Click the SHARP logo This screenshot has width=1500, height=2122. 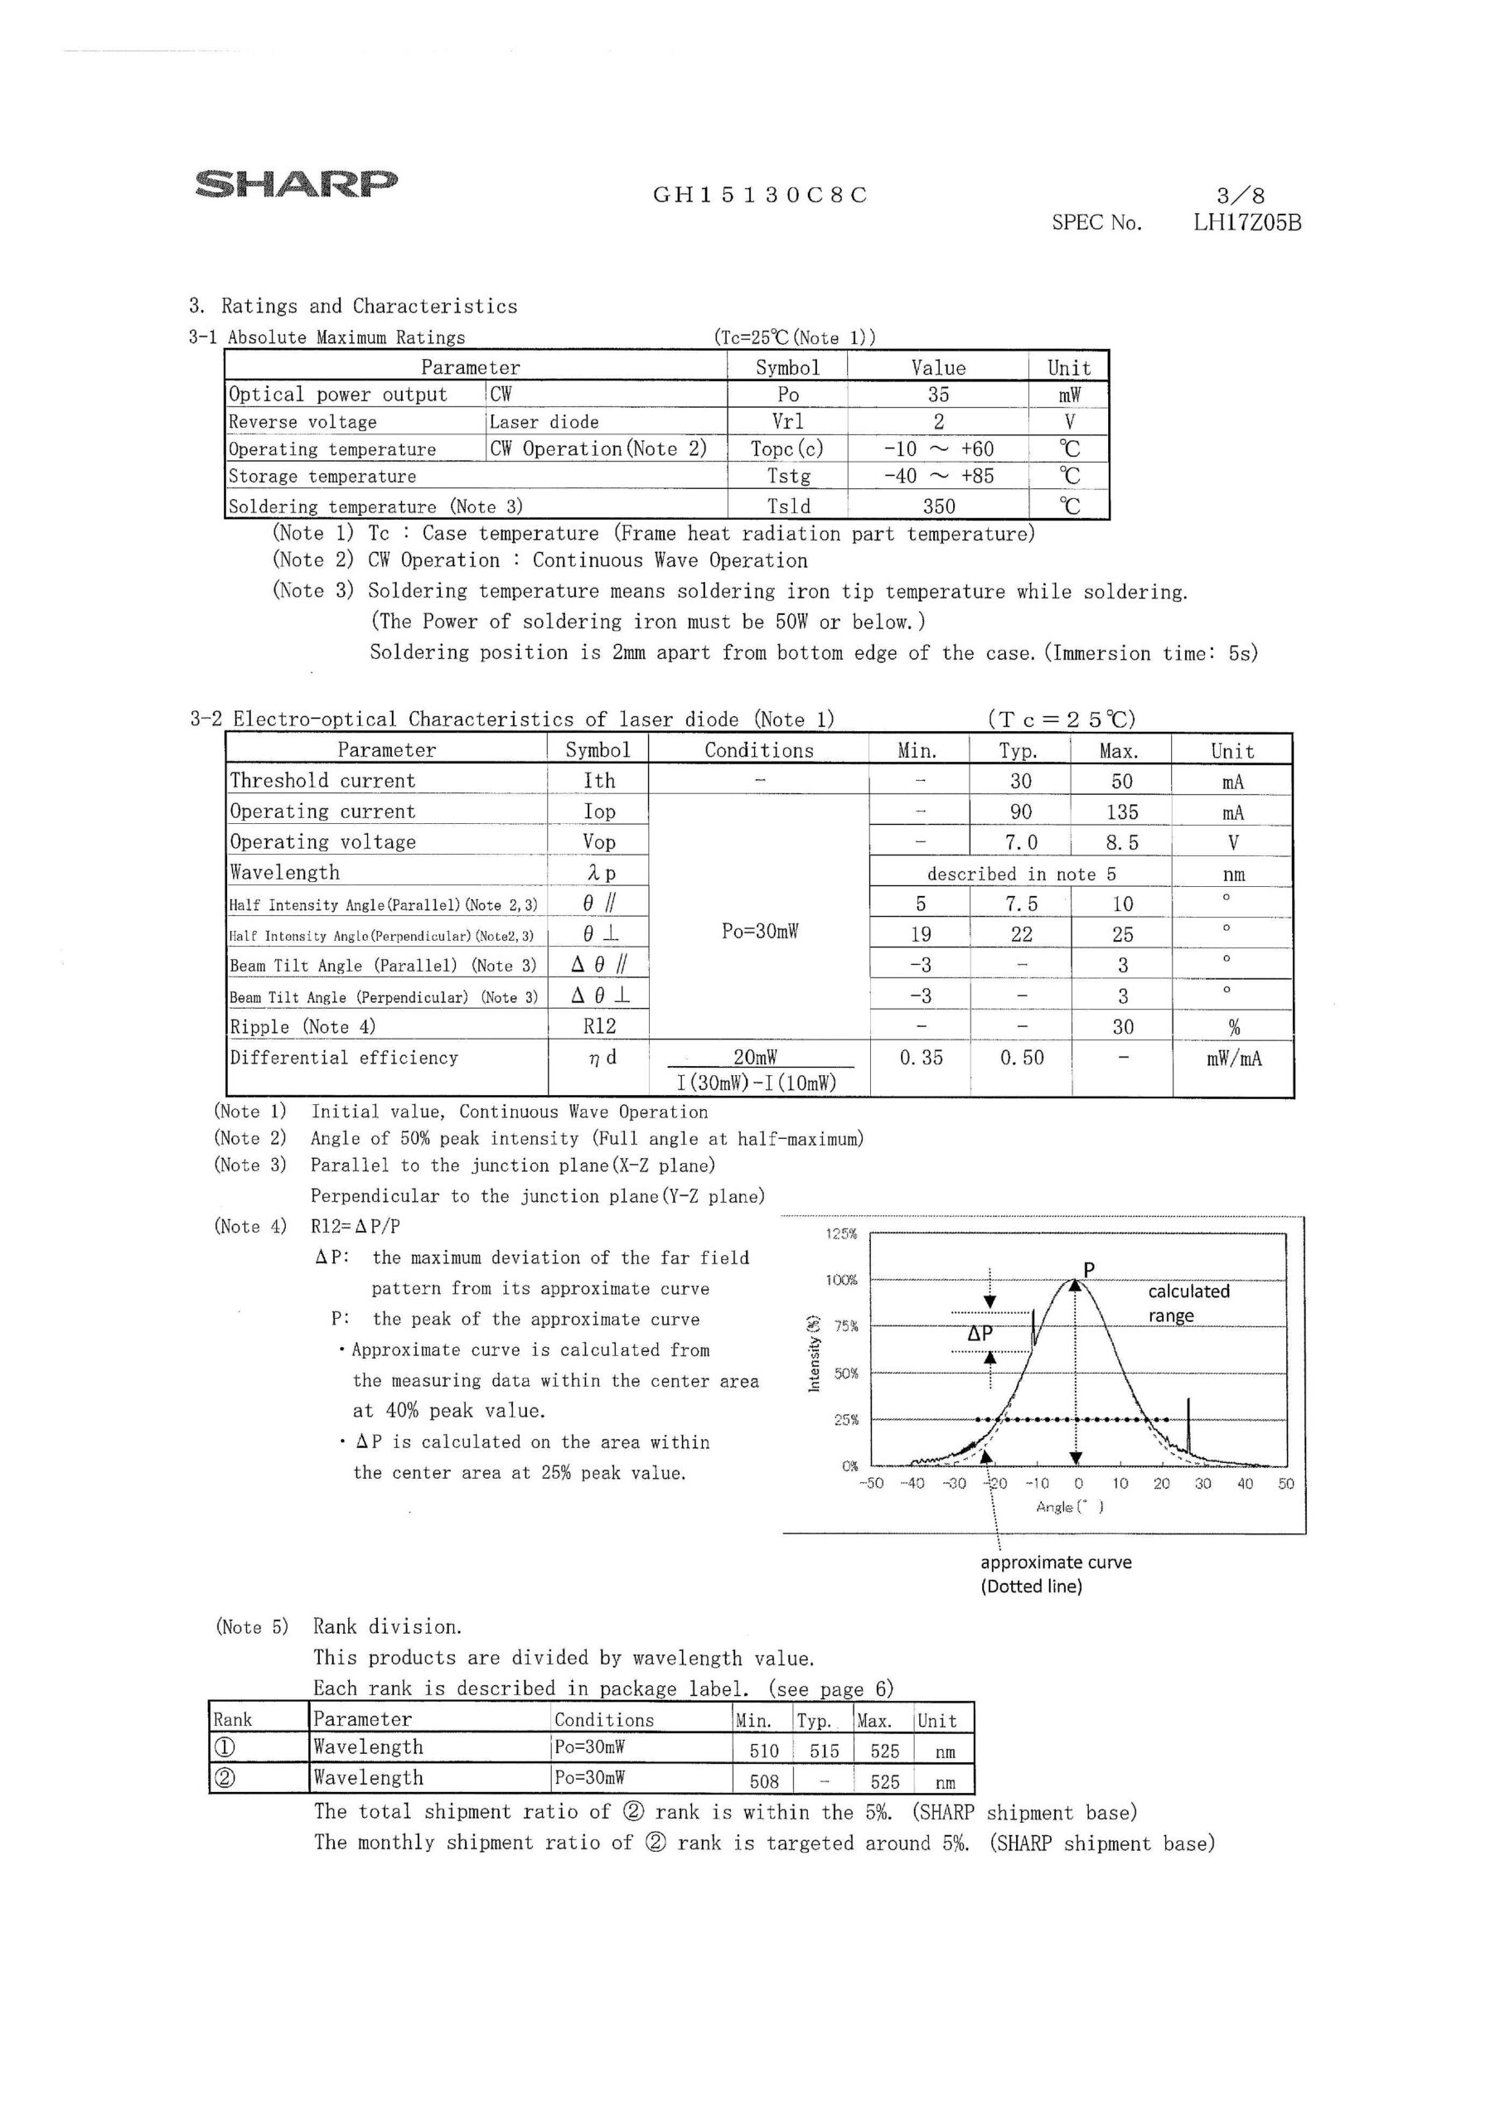[x=296, y=183]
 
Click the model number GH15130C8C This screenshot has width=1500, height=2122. [x=760, y=195]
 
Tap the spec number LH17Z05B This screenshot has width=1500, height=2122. [x=1246, y=223]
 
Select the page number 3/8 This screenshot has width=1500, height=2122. [x=1241, y=195]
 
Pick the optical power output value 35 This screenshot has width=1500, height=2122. [x=938, y=395]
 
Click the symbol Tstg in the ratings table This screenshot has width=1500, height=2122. [x=787, y=476]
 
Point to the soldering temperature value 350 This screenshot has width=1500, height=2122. [x=938, y=506]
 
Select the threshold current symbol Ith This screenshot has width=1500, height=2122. [x=599, y=781]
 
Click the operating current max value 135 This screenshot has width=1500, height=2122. [x=1121, y=811]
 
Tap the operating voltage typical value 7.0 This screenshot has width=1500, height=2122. [x=1020, y=842]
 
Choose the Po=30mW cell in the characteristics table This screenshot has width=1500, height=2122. [x=759, y=931]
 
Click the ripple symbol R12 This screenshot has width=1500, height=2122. [x=599, y=1026]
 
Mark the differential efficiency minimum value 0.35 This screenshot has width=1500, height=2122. [x=921, y=1058]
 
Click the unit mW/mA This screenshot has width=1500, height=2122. [x=1233, y=1059]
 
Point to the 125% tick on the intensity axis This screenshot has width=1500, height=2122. [x=841, y=1234]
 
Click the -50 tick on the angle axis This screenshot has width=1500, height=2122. [x=871, y=1484]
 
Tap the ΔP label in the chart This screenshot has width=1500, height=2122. [x=979, y=1335]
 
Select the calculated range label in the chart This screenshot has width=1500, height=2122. [x=1188, y=1303]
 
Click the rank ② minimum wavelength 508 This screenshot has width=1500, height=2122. [x=764, y=1781]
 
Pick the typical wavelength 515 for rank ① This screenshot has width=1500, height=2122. [x=824, y=1751]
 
